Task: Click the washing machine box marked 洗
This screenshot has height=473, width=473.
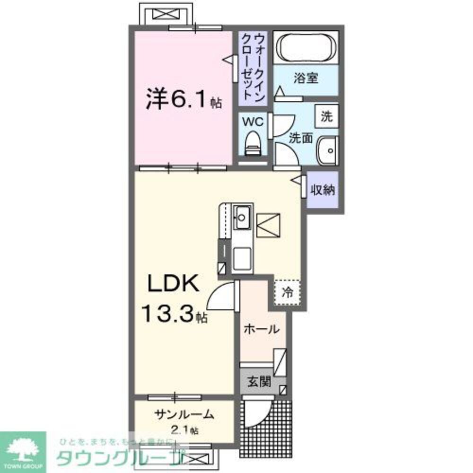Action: (x=327, y=116)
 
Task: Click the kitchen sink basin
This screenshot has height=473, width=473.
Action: (x=242, y=218)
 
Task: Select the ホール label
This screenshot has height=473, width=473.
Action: (x=261, y=329)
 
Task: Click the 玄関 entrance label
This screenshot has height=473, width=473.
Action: (x=260, y=381)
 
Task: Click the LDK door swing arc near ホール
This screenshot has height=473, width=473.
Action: (x=221, y=296)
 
